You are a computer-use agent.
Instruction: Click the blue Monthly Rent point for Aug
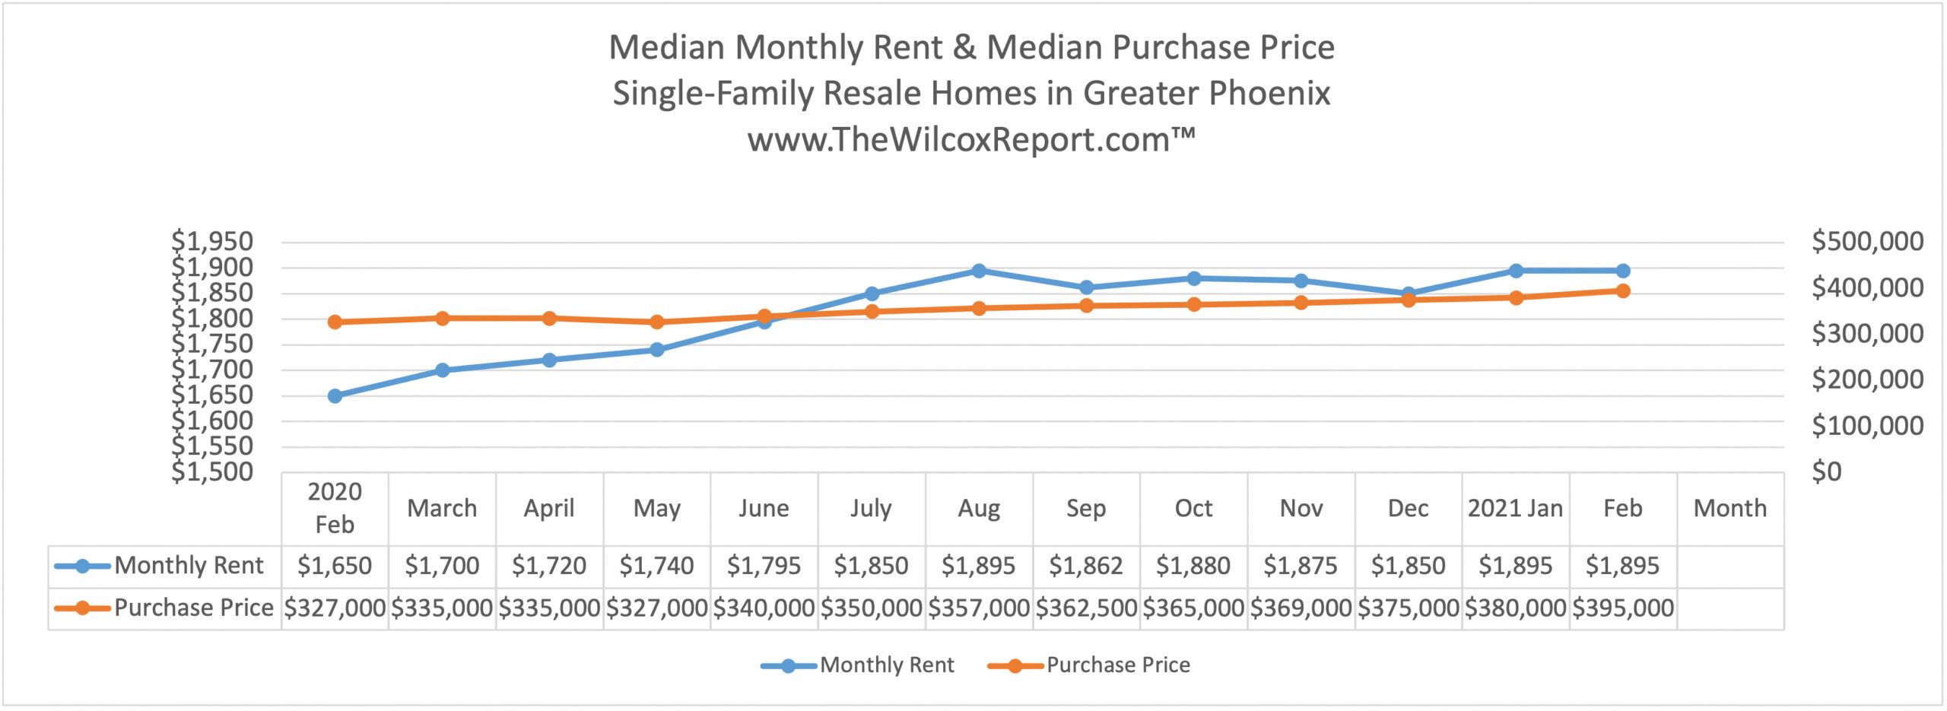(x=979, y=271)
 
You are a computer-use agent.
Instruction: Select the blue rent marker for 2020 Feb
(x=335, y=395)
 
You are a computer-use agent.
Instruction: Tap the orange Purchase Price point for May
(x=657, y=322)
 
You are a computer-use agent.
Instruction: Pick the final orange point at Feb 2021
(x=1622, y=290)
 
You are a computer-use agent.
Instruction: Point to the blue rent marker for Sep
(x=1086, y=287)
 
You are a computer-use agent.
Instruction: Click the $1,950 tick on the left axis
(x=212, y=242)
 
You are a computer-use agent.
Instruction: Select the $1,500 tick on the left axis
(x=212, y=472)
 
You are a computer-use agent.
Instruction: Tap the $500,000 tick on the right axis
(x=1867, y=242)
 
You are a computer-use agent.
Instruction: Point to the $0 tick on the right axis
(x=1826, y=472)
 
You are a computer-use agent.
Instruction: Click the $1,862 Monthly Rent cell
(x=1086, y=566)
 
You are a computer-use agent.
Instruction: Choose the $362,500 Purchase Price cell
(x=1086, y=608)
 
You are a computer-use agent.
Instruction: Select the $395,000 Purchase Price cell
(x=1622, y=608)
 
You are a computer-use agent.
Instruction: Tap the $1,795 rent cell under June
(x=764, y=566)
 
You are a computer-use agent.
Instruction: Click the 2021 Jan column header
(x=1515, y=508)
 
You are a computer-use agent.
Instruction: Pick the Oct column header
(x=1193, y=508)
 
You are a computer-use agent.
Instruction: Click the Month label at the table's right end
(x=1729, y=508)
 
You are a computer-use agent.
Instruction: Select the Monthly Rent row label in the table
(x=189, y=566)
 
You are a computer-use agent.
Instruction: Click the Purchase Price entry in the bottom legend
(x=1117, y=665)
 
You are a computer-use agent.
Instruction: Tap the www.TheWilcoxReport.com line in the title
(x=971, y=140)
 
